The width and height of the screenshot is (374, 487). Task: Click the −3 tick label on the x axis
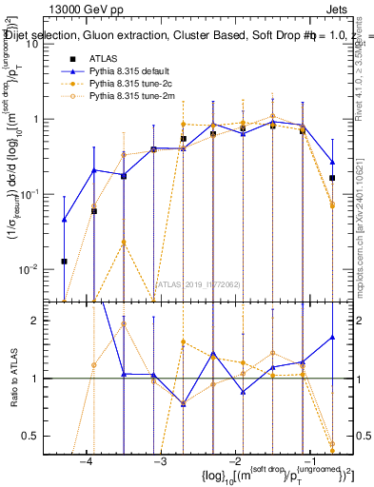(160, 461)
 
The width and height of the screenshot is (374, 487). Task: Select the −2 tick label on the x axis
(233, 461)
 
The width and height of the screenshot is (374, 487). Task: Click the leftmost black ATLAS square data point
(64, 261)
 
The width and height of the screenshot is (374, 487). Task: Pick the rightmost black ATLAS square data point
(332, 178)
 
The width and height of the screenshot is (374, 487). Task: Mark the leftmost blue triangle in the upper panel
(64, 220)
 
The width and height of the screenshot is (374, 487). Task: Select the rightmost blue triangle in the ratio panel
(332, 337)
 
